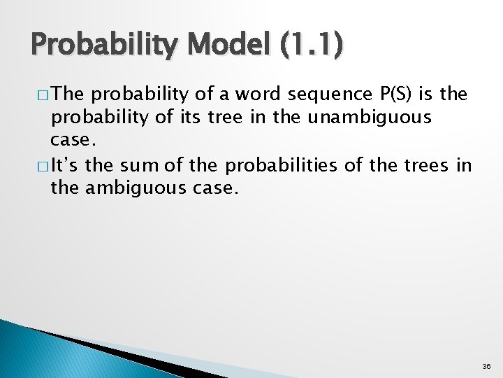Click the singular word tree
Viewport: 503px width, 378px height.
tap(228, 118)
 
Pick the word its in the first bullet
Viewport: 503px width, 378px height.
tap(187, 118)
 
